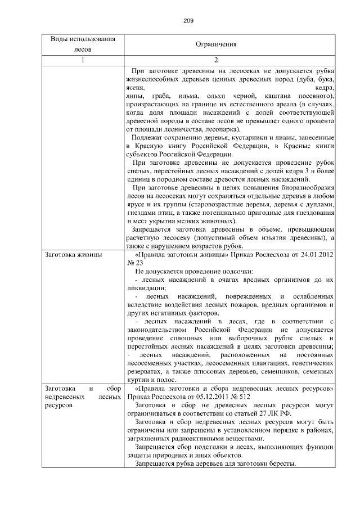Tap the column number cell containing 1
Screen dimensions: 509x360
(x=83, y=60)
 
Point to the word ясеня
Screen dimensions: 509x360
(x=136, y=88)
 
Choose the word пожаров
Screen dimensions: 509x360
(x=232, y=304)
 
